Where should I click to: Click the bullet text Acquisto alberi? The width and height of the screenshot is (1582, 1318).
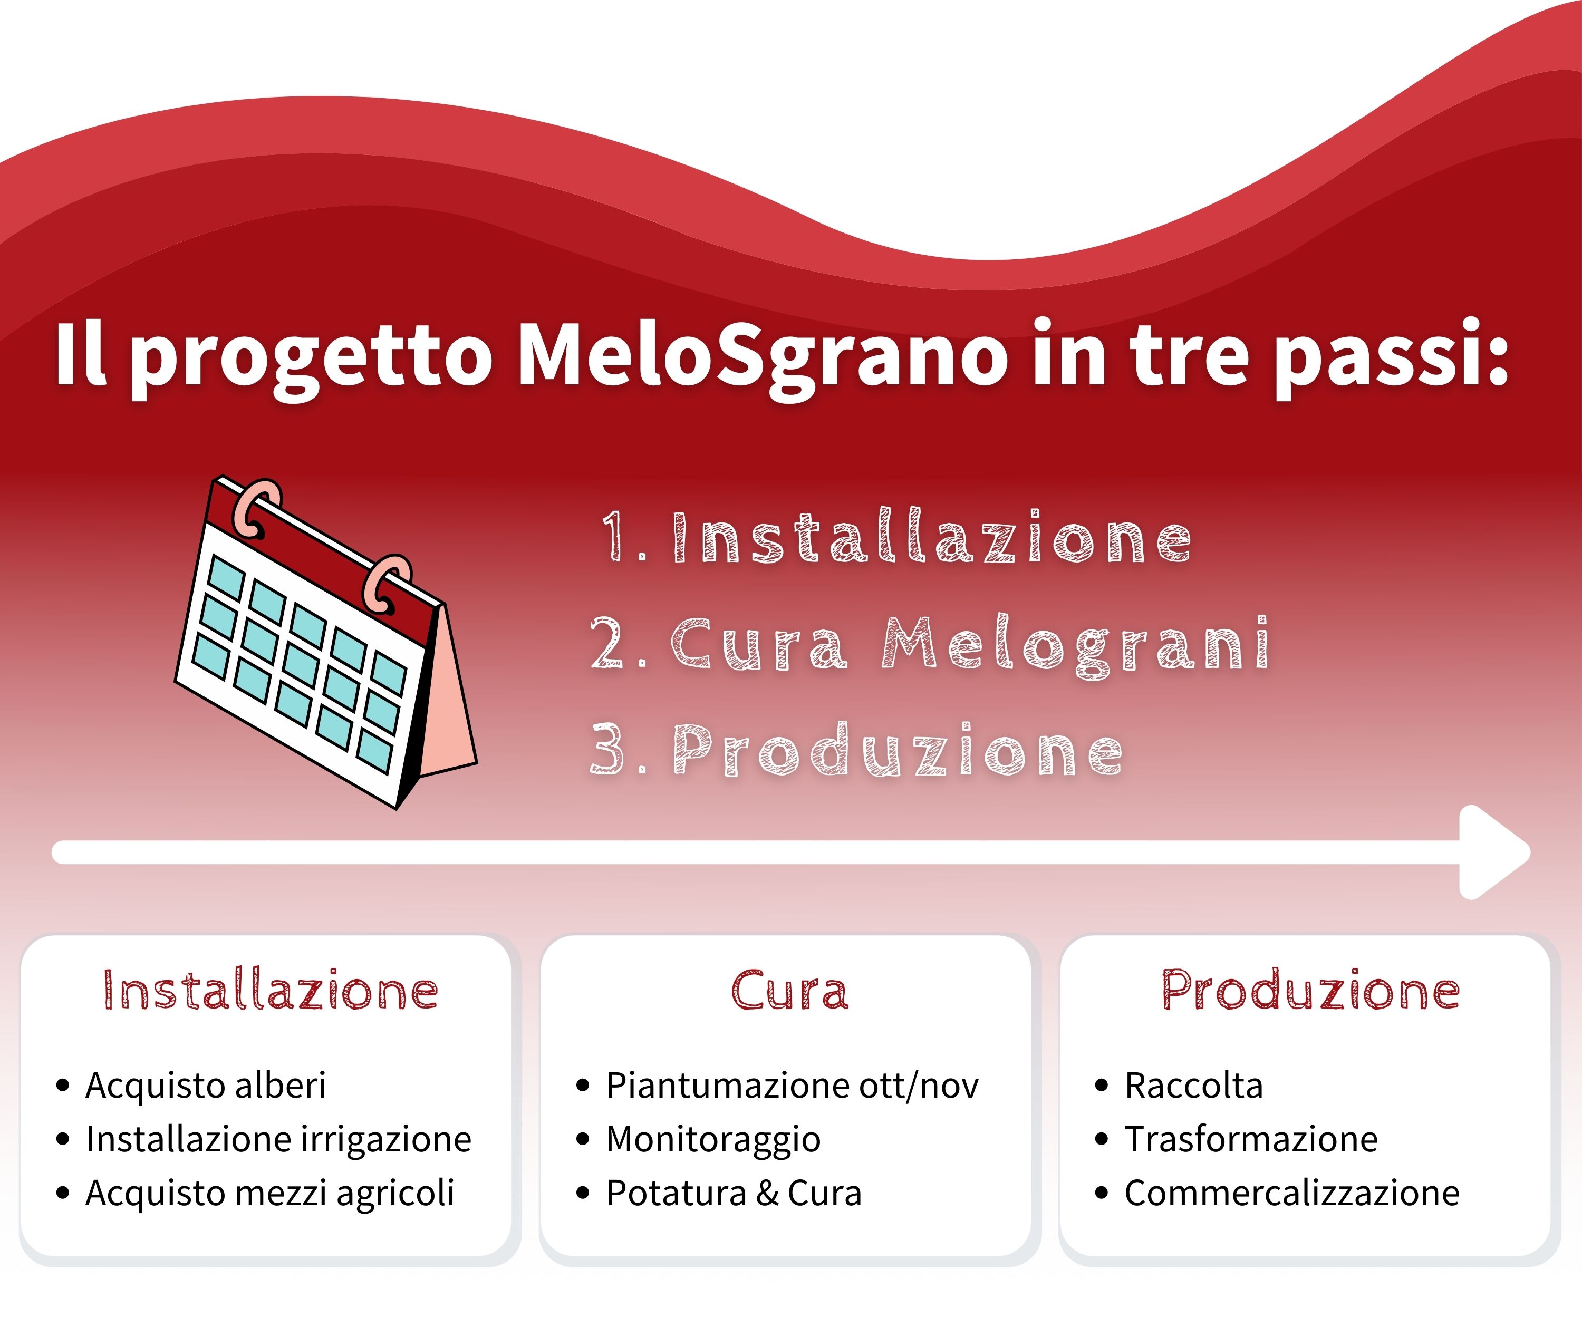206,1086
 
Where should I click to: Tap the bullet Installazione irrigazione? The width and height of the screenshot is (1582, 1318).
278,1139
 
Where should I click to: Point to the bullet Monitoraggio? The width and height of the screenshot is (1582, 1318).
713,1139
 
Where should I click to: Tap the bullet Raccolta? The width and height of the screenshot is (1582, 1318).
1193,1086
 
